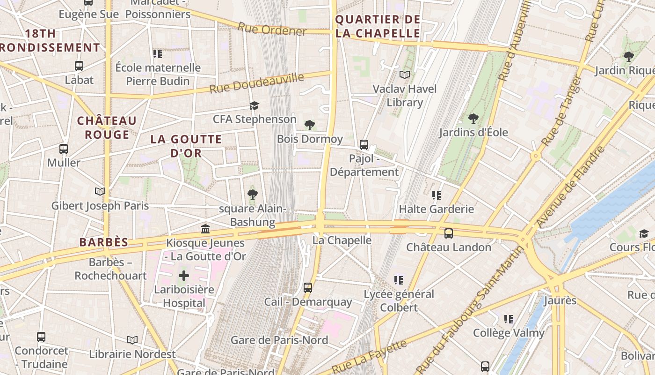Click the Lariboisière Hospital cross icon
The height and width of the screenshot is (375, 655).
(x=184, y=275)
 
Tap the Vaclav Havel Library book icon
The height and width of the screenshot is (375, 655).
(x=405, y=75)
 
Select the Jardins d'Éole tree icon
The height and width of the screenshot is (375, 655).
(x=473, y=119)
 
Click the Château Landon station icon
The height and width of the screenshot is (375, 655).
(x=449, y=233)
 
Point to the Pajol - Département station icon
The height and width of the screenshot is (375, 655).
(x=364, y=145)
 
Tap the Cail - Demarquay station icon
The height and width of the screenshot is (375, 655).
(x=308, y=288)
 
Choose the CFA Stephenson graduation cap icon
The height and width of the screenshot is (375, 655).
(x=254, y=105)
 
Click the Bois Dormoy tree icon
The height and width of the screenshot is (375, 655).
(x=309, y=125)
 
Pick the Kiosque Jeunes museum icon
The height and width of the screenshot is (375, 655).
(x=205, y=229)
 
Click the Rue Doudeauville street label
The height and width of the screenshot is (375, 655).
(x=256, y=83)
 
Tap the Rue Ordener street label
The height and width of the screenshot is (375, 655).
(x=272, y=29)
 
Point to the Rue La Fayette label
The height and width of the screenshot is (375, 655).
(x=370, y=357)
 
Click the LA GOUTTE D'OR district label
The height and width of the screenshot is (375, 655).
(x=186, y=146)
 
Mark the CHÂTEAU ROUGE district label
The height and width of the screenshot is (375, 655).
(x=107, y=127)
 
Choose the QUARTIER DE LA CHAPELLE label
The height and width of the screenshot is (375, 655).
(x=378, y=26)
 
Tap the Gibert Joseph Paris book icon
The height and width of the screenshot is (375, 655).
(x=100, y=191)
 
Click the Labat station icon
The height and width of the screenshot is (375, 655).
(x=79, y=66)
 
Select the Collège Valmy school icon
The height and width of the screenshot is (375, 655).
(x=509, y=319)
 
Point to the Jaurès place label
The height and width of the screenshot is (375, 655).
(x=560, y=300)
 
